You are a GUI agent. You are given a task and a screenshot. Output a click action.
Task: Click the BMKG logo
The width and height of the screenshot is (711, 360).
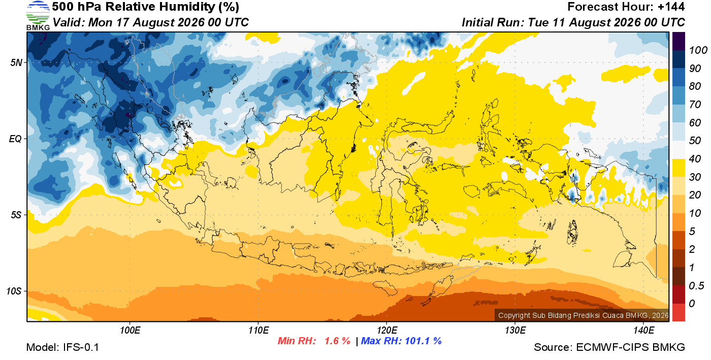point(38,16)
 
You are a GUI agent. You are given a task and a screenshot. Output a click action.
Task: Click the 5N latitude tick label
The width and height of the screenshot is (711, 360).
point(16,62)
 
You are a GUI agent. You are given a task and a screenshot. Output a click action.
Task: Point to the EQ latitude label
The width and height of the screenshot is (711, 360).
point(15,139)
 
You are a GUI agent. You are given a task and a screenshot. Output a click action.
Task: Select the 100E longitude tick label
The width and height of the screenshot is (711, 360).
point(130,331)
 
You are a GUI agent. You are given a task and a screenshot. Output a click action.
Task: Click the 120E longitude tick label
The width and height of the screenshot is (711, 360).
point(387,331)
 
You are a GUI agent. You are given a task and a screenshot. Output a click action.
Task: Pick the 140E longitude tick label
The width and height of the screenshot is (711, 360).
point(643,331)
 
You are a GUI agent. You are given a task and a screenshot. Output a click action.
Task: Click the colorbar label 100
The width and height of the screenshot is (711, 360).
point(698,50)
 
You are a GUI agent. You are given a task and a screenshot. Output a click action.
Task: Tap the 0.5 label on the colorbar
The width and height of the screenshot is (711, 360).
point(696,286)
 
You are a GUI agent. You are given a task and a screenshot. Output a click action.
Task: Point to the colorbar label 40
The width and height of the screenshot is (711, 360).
point(695,159)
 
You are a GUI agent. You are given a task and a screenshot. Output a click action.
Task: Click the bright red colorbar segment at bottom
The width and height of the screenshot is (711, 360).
point(678,312)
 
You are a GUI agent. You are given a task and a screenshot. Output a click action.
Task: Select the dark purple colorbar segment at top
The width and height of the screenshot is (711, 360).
point(678,41)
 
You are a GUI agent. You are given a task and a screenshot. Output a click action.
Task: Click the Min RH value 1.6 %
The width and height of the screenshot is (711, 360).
point(337,341)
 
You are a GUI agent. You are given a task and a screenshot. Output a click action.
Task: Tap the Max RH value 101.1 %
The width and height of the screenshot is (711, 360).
point(423,341)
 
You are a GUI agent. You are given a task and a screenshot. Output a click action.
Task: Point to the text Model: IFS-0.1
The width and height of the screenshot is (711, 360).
point(62,347)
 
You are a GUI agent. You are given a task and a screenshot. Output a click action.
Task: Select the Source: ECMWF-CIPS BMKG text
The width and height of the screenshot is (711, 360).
point(609,347)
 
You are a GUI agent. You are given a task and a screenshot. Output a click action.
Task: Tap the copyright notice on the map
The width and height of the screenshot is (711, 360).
point(583,315)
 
